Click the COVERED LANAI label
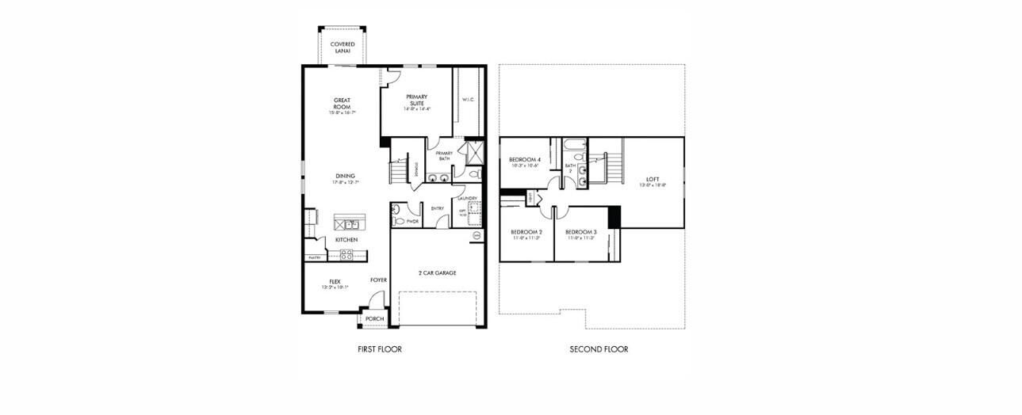point(343,47)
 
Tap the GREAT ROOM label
point(342,104)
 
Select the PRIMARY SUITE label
point(416,100)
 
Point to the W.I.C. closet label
point(468,100)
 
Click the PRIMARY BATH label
point(444,156)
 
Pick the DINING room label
point(344,176)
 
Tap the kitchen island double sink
point(346,225)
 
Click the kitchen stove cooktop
point(346,254)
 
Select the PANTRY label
point(314,257)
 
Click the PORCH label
point(374,319)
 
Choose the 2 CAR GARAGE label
point(438,272)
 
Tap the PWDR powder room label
point(412,222)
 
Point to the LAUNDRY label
point(467,198)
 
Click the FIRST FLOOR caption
point(380,349)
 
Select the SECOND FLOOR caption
point(599,349)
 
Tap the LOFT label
point(653,179)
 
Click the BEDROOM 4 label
point(524,160)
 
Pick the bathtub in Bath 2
point(572,145)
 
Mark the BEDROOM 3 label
point(580,232)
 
